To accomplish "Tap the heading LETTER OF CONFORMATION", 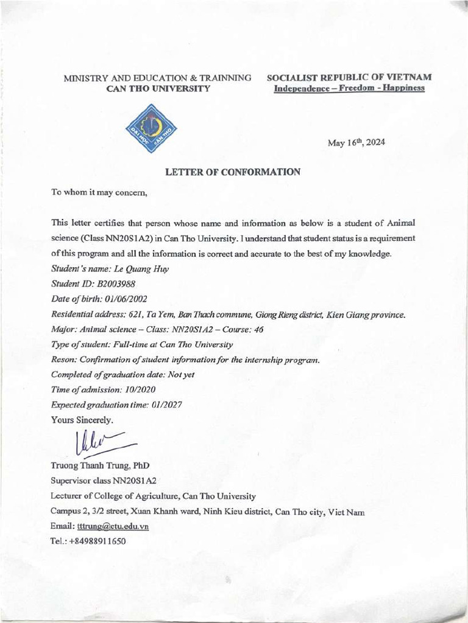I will [233, 172].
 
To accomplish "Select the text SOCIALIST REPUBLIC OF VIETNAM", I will [349, 78].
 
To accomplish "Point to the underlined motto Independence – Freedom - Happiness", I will [349, 88].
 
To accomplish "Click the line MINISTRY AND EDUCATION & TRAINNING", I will [158, 78].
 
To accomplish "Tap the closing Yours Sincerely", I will [82, 420].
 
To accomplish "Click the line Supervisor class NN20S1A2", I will [104, 481].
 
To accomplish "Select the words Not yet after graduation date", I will [181, 375].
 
